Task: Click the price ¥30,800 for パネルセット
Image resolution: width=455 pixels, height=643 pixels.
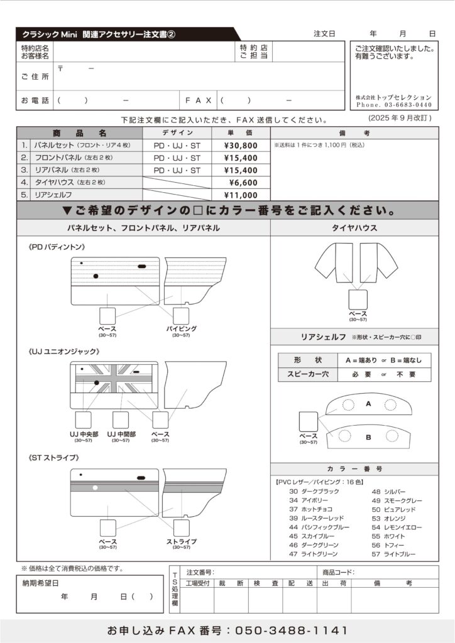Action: (240, 145)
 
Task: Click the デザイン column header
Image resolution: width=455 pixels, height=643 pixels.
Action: (177, 133)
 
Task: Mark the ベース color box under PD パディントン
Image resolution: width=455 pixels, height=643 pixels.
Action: (107, 315)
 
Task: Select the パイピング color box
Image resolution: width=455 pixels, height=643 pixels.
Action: (181, 315)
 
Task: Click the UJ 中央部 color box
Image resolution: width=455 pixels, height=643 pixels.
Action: (84, 420)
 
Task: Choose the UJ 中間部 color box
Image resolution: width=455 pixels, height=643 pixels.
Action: (121, 420)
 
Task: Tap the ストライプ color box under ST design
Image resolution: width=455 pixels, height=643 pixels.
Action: (181, 527)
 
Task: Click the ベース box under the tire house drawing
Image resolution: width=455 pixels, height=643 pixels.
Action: (358, 299)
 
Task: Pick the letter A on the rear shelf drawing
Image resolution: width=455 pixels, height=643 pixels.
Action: (368, 404)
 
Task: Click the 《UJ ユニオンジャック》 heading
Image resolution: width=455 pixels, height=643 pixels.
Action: (65, 352)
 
